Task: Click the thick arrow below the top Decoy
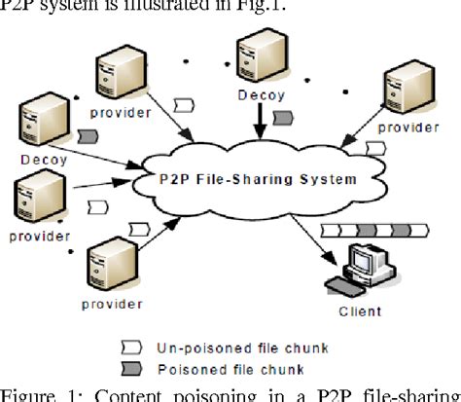pyautogui.click(x=257, y=122)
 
